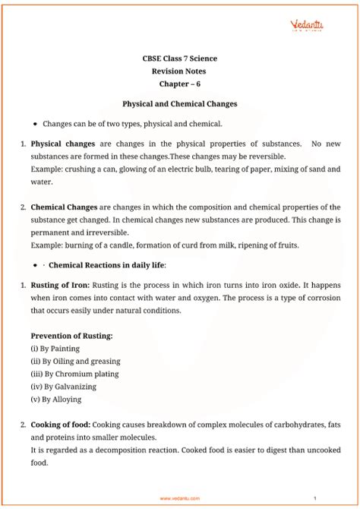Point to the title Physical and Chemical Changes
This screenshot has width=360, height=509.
pyautogui.click(x=180, y=103)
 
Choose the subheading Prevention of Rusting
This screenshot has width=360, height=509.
pyautogui.click(x=71, y=335)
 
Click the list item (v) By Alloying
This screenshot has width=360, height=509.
pyautogui.click(x=55, y=400)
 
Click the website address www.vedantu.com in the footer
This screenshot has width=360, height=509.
pyautogui.click(x=180, y=498)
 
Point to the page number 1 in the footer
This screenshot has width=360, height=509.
pyautogui.click(x=325, y=498)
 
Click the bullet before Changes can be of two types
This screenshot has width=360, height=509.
pyautogui.click(x=36, y=122)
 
